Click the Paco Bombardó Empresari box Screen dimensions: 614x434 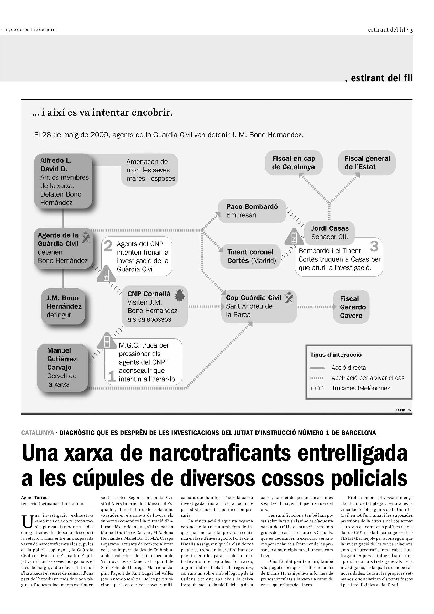pyautogui.click(x=252, y=211)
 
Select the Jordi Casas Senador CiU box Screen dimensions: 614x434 pyautogui.click(x=330, y=232)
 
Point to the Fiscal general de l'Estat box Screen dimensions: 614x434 pyautogui.click(x=367, y=162)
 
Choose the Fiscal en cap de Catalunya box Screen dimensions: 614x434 pyautogui.click(x=293, y=162)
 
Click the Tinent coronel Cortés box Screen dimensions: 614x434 pyautogui.click(x=251, y=256)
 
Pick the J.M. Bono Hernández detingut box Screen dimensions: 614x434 pyautogui.click(x=63, y=306)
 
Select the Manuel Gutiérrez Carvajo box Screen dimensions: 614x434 pyautogui.click(x=62, y=367)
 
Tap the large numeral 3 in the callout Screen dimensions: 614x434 pyautogui.click(x=374, y=246)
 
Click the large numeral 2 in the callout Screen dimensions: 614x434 pyautogui.click(x=108, y=246)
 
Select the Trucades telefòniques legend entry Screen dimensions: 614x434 pyautogui.click(x=361, y=388)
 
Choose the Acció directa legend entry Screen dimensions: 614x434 pyautogui.click(x=348, y=368)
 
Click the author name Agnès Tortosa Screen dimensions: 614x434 pyautogui.click(x=35, y=498)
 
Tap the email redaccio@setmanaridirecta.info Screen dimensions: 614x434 pyautogui.click(x=52, y=504)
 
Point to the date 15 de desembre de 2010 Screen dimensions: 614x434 pyautogui.click(x=30, y=30)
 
